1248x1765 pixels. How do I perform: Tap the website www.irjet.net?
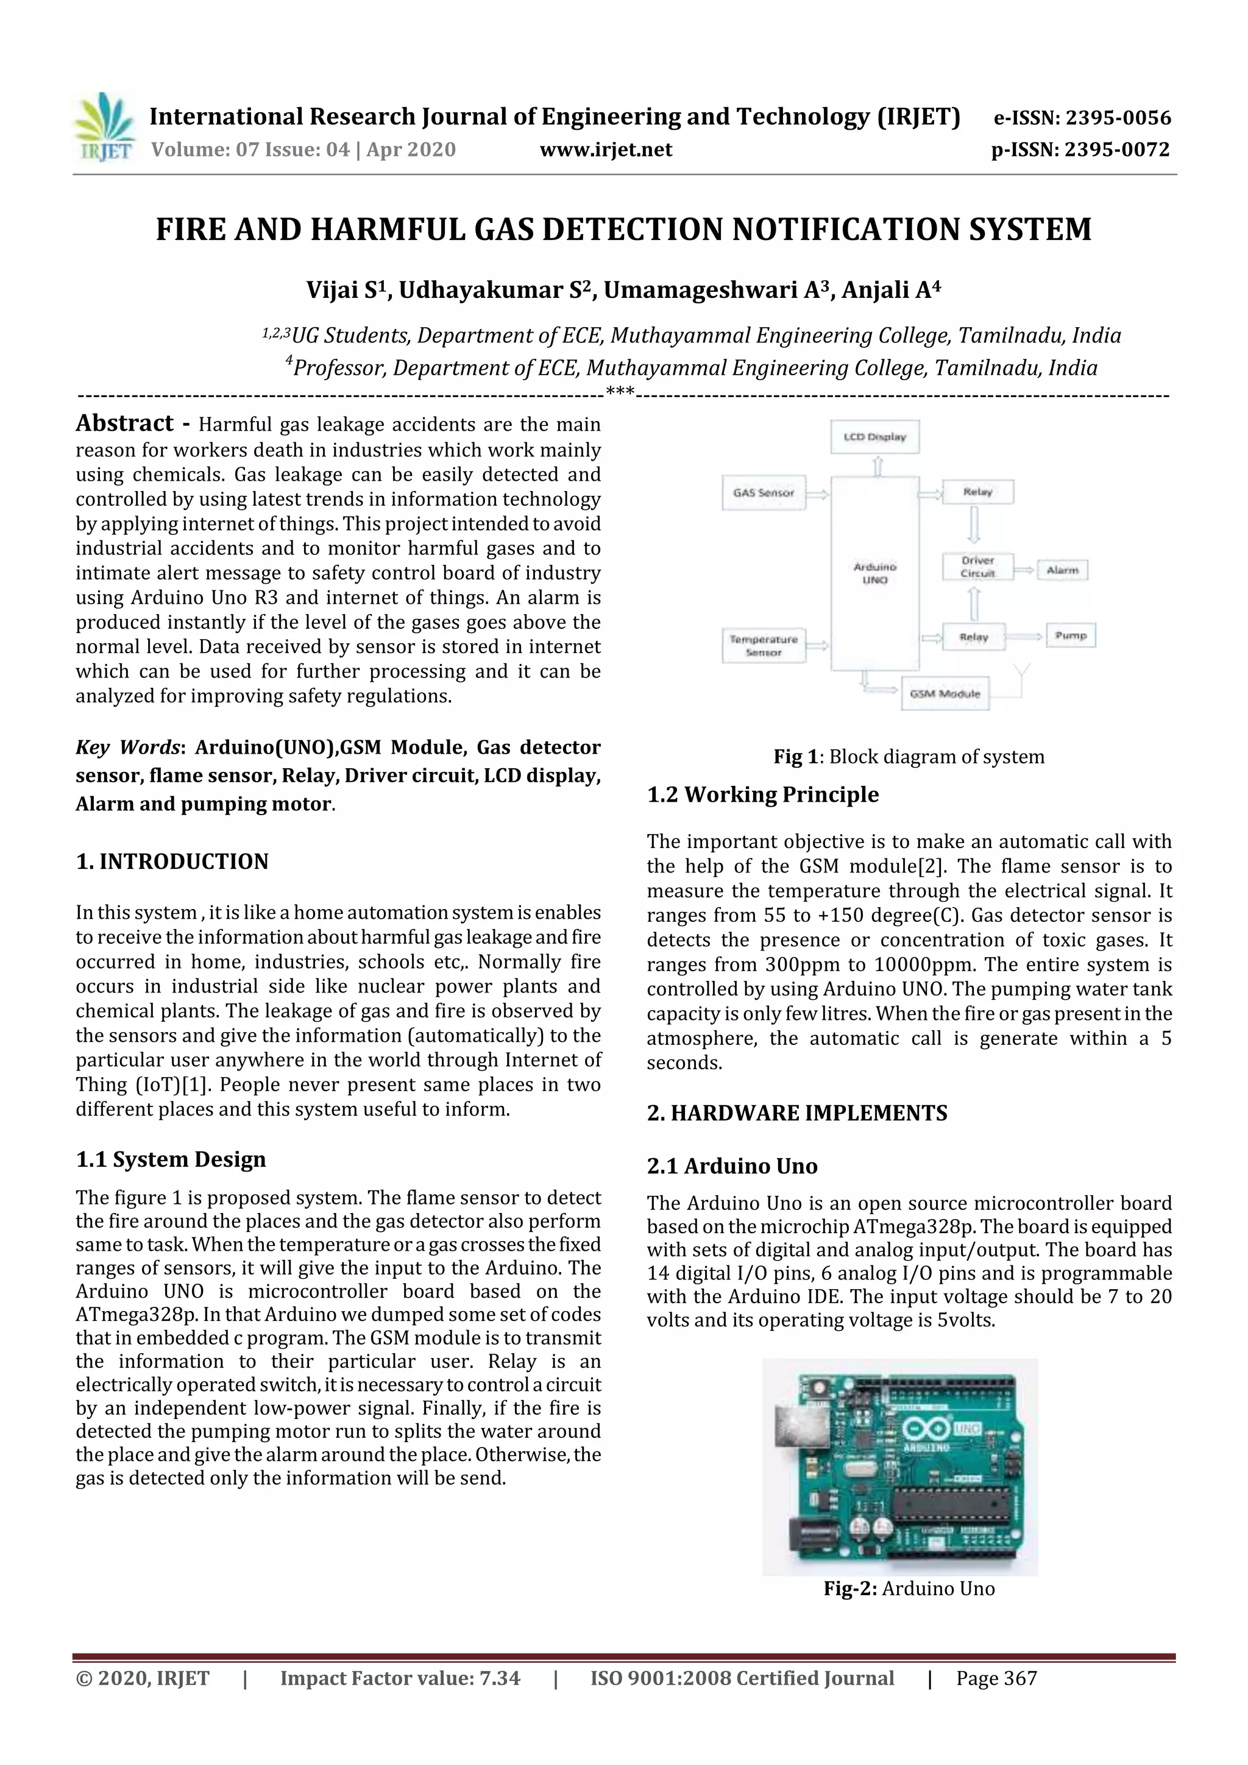(606, 150)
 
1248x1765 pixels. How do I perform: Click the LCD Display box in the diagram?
(875, 437)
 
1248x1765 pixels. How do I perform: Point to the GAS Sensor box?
(764, 493)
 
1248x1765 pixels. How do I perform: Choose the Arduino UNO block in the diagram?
(875, 573)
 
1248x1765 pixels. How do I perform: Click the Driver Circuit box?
(977, 567)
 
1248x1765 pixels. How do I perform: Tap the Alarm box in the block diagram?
(1062, 570)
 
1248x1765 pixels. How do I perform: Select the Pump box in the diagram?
(1071, 635)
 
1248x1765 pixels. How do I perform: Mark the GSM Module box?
(945, 693)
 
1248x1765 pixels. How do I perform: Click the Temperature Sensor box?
(764, 645)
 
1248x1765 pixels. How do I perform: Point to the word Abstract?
(124, 423)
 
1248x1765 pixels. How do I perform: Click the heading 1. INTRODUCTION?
(172, 861)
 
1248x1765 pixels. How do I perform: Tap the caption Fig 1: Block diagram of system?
(909, 757)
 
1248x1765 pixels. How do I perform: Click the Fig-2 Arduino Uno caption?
(909, 1588)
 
